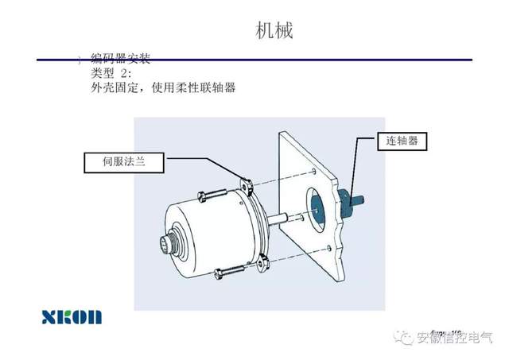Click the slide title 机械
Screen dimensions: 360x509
(x=274, y=31)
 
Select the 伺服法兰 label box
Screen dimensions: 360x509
(x=123, y=163)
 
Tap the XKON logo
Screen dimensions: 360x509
(x=72, y=316)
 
